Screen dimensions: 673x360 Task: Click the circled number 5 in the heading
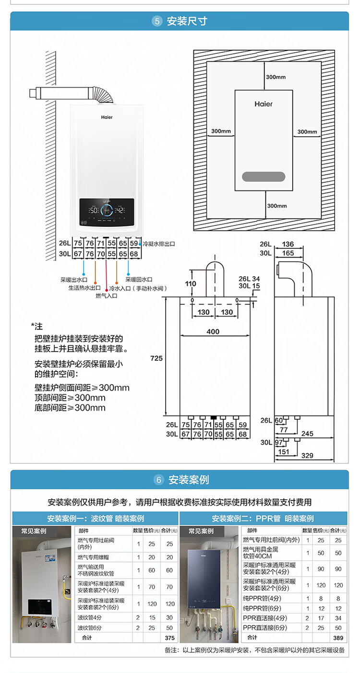pyautogui.click(x=157, y=21)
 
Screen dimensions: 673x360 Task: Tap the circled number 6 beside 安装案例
pyautogui.click(x=159, y=480)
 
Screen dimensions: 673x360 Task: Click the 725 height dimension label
pyautogui.click(x=156, y=358)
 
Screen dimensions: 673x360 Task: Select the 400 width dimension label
pyautogui.click(x=213, y=331)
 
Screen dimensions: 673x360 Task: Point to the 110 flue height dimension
pyautogui.click(x=191, y=283)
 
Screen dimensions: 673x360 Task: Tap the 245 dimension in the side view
pyautogui.click(x=307, y=434)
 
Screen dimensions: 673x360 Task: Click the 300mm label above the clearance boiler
pyautogui.click(x=276, y=77)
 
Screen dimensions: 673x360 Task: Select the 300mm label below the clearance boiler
pyautogui.click(x=276, y=206)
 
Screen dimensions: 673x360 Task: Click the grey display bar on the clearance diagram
pyautogui.click(x=264, y=177)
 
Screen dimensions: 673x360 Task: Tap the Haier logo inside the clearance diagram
pyautogui.click(x=264, y=104)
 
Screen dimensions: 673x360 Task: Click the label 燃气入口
pyautogui.click(x=106, y=295)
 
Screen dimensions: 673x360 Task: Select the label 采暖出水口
pyautogui.click(x=74, y=279)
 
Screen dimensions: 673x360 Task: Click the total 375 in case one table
pyautogui.click(x=169, y=638)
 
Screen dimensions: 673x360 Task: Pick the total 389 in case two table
pyautogui.click(x=338, y=638)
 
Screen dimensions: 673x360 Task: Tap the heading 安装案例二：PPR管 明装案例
pyautogui.click(x=263, y=519)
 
